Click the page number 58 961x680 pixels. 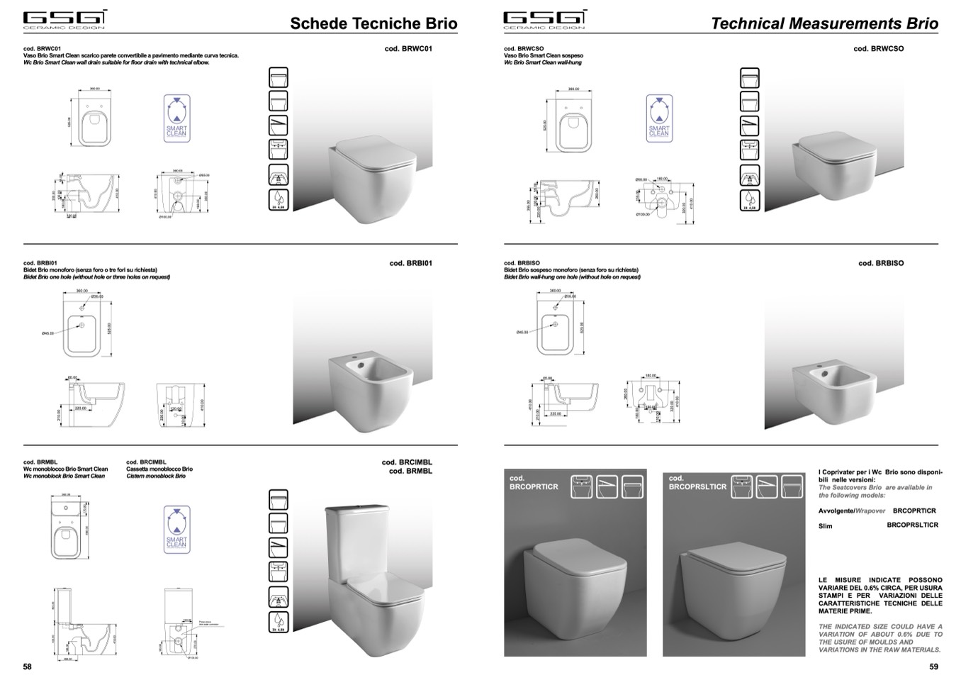pyautogui.click(x=28, y=667)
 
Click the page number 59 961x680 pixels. pyautogui.click(x=933, y=667)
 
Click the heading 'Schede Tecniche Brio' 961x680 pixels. pyautogui.click(x=373, y=23)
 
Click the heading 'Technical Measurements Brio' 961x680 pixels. pyautogui.click(x=824, y=23)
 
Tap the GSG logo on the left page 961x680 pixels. pyautogui.click(x=64, y=19)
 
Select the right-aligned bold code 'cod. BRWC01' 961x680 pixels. pyautogui.click(x=408, y=49)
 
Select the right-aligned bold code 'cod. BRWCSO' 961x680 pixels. pyautogui.click(x=879, y=49)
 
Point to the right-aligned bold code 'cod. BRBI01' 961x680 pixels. pyautogui.click(x=411, y=263)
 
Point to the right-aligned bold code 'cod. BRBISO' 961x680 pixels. pyautogui.click(x=881, y=263)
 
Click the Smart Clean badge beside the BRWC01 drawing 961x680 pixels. pyautogui.click(x=176, y=118)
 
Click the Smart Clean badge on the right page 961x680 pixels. pyautogui.click(x=658, y=118)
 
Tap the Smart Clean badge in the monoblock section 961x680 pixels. pyautogui.click(x=176, y=530)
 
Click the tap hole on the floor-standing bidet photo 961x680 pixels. pyautogui.click(x=363, y=367)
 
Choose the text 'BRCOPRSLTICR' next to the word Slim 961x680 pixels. pyautogui.click(x=912, y=525)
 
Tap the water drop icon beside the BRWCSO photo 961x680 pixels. pyautogui.click(x=749, y=199)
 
